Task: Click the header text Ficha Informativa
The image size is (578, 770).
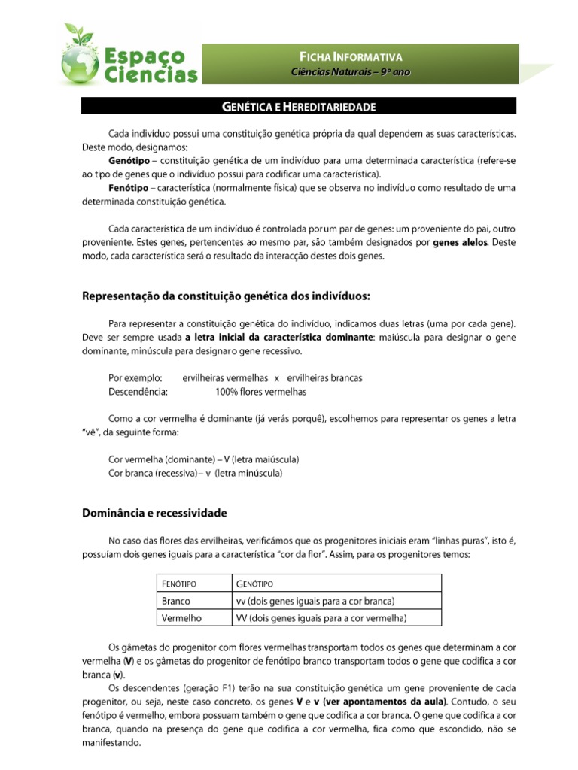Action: point(351,57)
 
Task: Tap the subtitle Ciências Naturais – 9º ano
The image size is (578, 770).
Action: point(351,71)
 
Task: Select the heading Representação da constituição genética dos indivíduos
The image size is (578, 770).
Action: point(226,296)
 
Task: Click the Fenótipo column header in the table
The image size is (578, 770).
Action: point(177,584)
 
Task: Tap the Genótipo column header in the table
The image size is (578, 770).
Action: point(254,584)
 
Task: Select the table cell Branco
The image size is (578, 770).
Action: point(176,601)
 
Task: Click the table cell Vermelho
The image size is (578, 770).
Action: point(181,618)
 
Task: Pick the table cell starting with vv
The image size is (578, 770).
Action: point(315,601)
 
